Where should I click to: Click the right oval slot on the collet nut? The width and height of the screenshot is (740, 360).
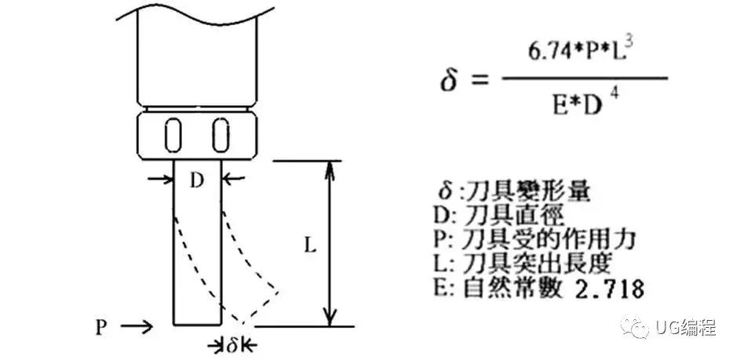(221, 135)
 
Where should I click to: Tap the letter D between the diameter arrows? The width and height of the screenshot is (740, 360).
(197, 180)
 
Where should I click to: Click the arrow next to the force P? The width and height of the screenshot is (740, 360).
(140, 325)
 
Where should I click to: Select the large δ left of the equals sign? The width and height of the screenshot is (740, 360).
(447, 80)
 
